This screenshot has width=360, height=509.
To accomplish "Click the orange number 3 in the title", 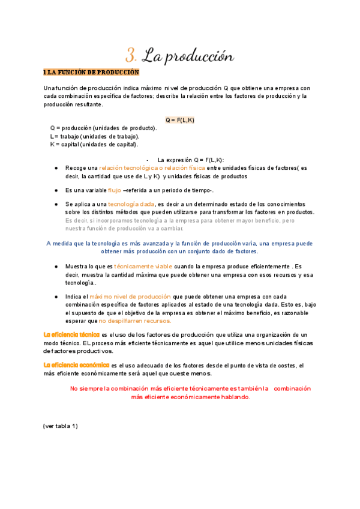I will tap(131, 56).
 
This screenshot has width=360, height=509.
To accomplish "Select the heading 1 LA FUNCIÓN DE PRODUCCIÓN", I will tap(91, 73).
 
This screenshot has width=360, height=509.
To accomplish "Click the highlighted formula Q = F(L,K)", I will tap(180, 120).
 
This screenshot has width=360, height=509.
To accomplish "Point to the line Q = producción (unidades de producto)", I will tap(103, 128).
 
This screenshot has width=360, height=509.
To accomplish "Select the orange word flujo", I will tap(114, 190).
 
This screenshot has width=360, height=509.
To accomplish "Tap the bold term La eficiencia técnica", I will tap(71, 334).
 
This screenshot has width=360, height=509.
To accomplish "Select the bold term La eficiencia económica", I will tap(76, 365).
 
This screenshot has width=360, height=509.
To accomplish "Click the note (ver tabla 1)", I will tap(61, 426).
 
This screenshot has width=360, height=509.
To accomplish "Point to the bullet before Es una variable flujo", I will tap(56, 190).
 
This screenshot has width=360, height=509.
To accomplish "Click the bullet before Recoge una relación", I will tap(56, 168).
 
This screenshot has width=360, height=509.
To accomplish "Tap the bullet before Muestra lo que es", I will tap(56, 266).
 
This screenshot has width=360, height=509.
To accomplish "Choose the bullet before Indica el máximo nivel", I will tap(56, 297).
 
